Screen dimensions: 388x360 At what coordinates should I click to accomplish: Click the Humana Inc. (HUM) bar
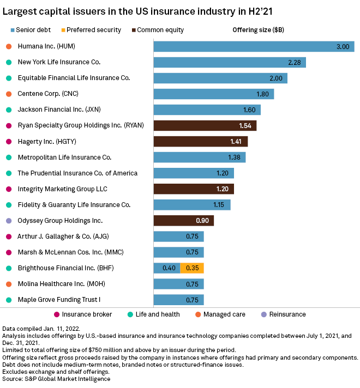click(254, 47)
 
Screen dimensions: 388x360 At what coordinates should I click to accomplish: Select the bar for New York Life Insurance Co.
click(229, 63)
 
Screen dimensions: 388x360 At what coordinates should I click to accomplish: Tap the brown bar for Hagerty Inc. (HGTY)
click(200, 142)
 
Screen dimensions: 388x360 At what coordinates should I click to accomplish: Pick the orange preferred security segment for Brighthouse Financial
click(192, 268)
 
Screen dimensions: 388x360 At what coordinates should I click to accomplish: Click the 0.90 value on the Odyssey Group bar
click(202, 221)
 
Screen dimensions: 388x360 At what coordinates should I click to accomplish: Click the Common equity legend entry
click(158, 30)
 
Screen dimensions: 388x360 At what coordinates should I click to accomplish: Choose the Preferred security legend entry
click(91, 30)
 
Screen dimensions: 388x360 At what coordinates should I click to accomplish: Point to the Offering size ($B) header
click(258, 30)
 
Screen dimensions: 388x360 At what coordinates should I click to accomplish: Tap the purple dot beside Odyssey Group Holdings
click(8, 221)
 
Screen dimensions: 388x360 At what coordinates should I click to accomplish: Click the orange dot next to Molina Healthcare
click(8, 284)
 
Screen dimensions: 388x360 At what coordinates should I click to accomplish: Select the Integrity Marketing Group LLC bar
click(194, 189)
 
